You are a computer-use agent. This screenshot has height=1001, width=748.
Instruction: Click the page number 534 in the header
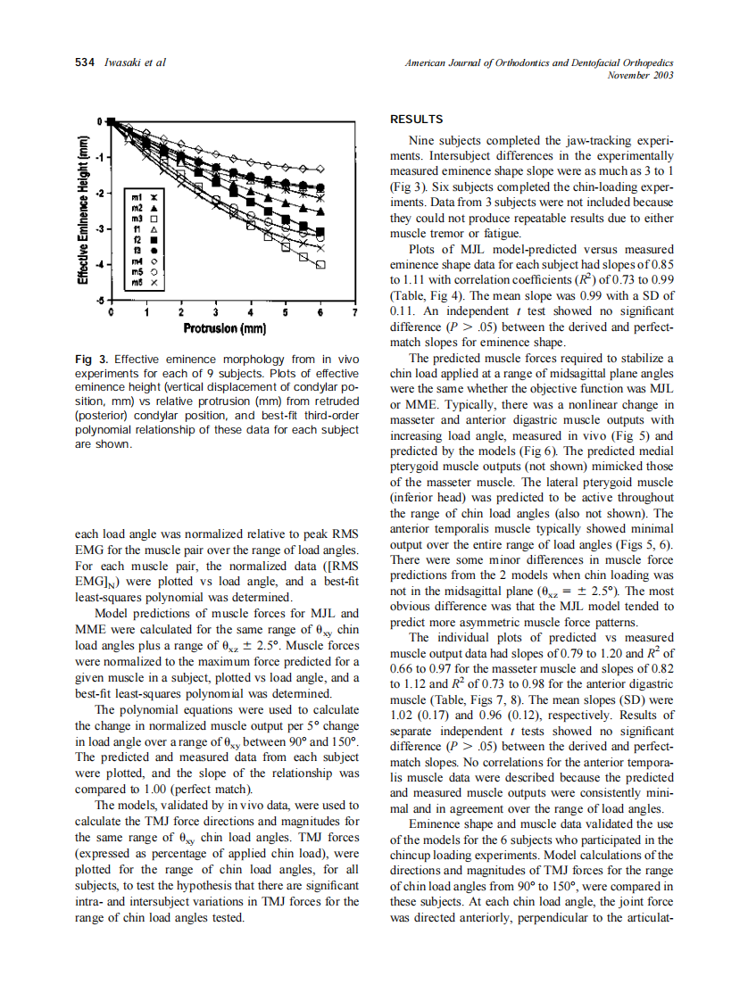[85, 62]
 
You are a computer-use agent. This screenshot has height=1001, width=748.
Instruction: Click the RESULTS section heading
[417, 120]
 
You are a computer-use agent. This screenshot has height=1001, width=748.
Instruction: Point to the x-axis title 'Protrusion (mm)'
[225, 329]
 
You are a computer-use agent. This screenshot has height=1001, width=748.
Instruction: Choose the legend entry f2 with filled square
[139, 240]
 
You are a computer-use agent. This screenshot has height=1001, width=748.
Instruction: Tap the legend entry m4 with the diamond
[139, 261]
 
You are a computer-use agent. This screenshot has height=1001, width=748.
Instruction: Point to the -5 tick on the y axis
[101, 300]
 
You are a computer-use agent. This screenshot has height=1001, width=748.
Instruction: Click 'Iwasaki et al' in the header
[135, 62]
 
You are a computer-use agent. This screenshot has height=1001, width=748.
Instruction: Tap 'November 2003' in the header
[640, 75]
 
